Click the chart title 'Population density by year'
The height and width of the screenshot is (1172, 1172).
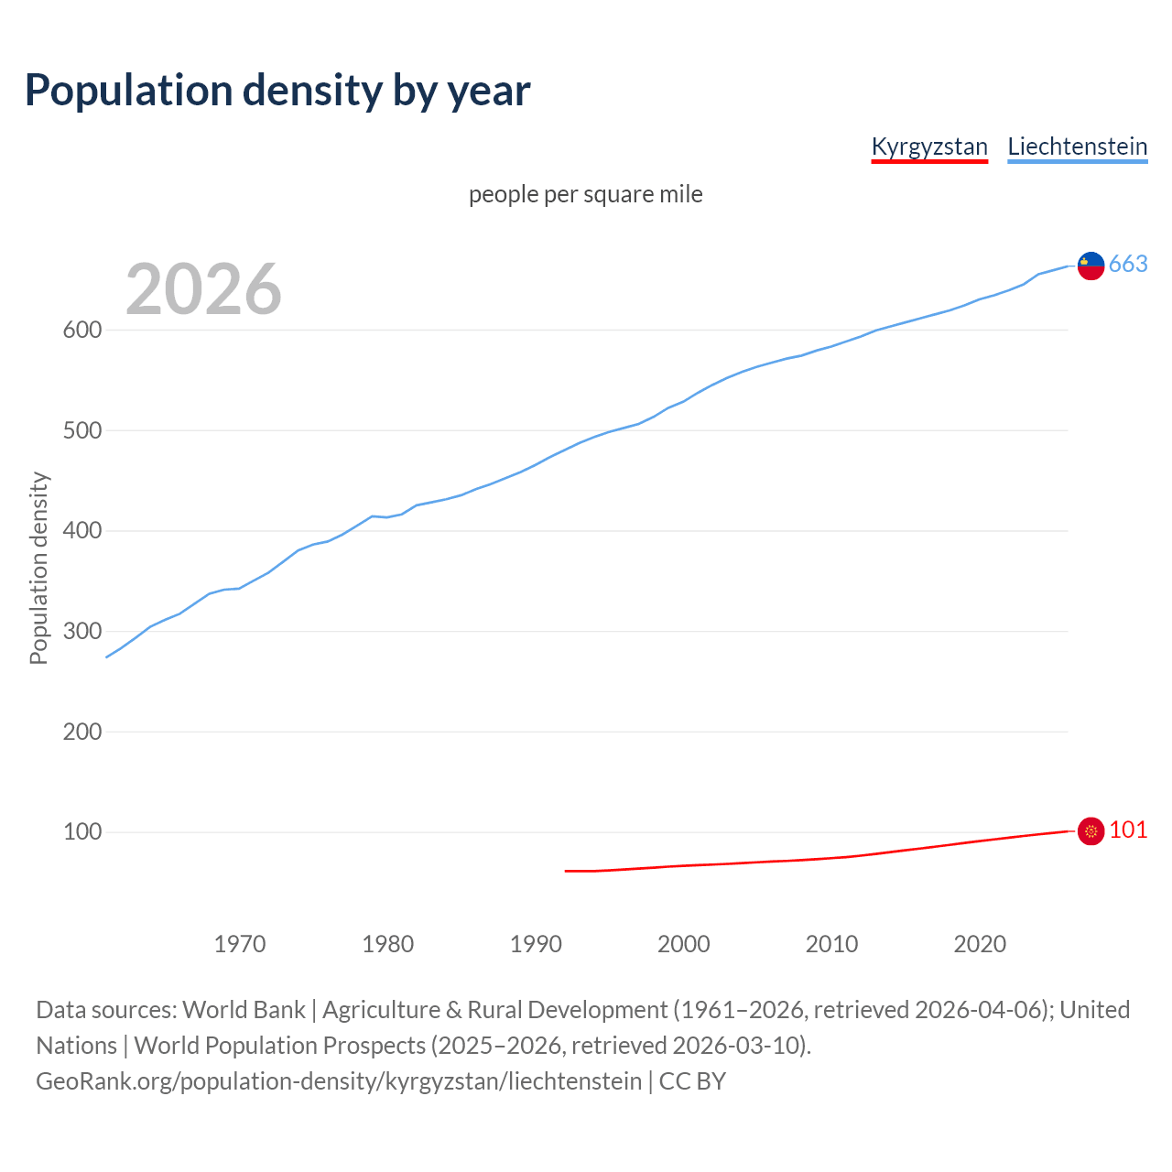click(277, 90)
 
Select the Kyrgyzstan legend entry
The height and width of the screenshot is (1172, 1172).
click(929, 146)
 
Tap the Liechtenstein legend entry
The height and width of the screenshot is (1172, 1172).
click(1077, 146)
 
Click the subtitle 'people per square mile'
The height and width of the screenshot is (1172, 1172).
click(586, 195)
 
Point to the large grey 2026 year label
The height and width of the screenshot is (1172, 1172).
click(203, 289)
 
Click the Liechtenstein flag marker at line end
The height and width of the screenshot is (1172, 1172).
click(1091, 266)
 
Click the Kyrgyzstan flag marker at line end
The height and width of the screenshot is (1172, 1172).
click(1091, 831)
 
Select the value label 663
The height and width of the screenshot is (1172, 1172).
click(1128, 265)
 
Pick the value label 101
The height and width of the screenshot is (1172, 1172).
click(1128, 830)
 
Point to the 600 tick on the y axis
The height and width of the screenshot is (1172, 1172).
click(82, 330)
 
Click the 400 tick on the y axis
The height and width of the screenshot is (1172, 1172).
click(82, 531)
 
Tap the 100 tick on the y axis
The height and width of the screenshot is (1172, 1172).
click(82, 832)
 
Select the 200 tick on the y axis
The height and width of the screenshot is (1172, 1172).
click(82, 732)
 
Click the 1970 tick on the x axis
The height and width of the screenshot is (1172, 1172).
click(240, 944)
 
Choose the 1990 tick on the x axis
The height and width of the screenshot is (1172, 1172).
click(536, 944)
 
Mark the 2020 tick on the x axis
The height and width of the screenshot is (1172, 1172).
click(980, 944)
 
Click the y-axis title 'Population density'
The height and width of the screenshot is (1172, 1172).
click(38, 568)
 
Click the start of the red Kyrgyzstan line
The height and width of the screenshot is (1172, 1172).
click(566, 871)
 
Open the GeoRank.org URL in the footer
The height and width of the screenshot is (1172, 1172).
click(339, 1081)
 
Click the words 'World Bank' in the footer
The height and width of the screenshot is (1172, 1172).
click(244, 1010)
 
